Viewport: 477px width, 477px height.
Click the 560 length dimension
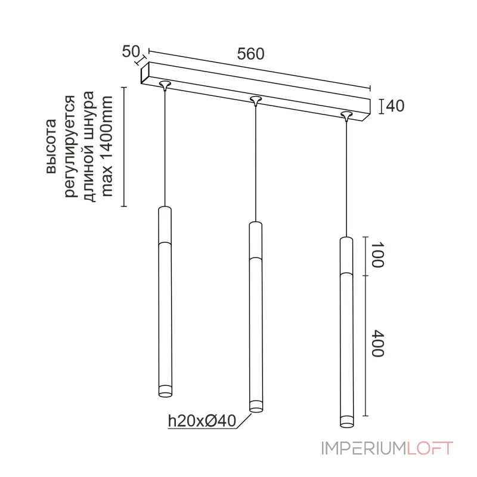tap(250, 54)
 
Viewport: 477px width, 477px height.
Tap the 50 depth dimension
tap(131, 51)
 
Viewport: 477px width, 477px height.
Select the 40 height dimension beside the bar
tap(395, 106)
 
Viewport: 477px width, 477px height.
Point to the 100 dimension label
tap(377, 255)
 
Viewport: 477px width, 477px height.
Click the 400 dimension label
tap(377, 343)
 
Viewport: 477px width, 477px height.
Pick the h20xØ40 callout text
tap(202, 421)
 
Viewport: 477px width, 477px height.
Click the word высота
tap(51, 147)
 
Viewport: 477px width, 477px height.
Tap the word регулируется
tap(70, 147)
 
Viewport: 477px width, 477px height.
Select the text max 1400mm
tap(107, 147)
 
